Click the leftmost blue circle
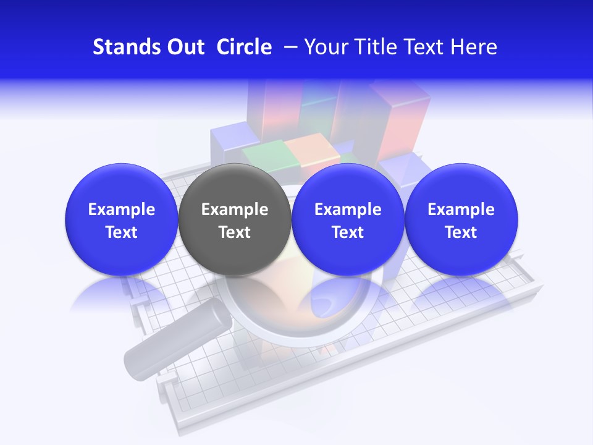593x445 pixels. click(x=122, y=219)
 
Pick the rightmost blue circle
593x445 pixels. click(x=461, y=219)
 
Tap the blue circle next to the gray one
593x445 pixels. click(x=348, y=219)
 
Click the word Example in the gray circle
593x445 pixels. click(x=235, y=210)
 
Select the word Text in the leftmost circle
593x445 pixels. click(x=122, y=232)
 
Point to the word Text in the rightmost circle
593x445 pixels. click(x=461, y=232)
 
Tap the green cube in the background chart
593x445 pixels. click(x=263, y=155)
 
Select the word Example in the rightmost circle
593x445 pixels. click(x=461, y=210)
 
